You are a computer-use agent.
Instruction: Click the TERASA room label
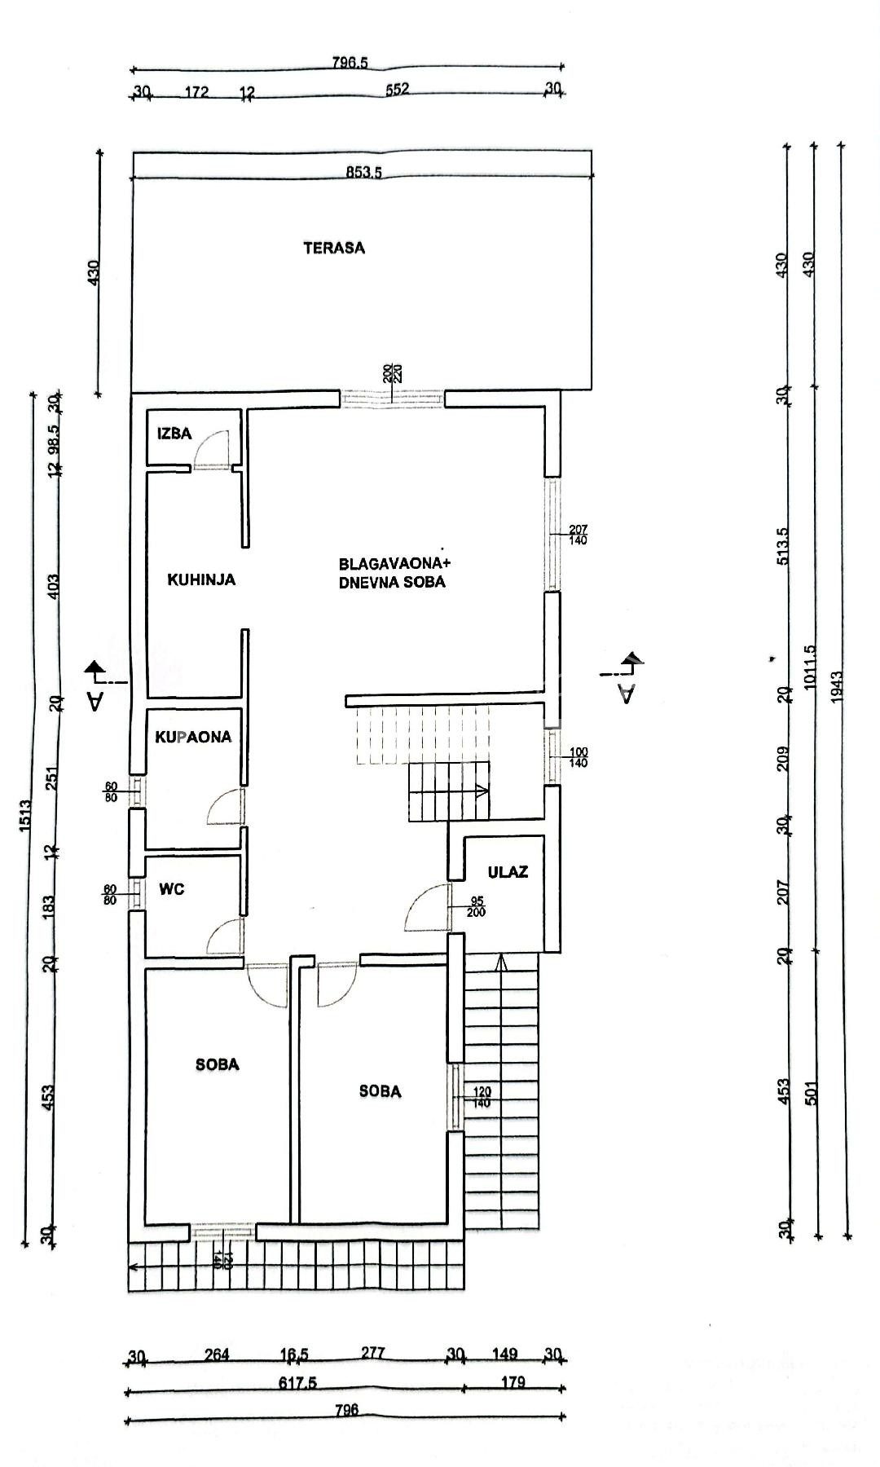coord(334,248)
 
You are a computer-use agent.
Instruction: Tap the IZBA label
coord(174,434)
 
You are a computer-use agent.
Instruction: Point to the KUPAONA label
coord(193,737)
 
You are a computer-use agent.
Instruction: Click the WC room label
coord(172,889)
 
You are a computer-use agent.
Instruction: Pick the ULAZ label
coord(508,871)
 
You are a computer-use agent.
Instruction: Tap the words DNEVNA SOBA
coord(392,583)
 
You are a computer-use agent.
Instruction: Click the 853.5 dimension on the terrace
coord(363,172)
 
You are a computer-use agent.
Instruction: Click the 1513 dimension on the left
coord(24,815)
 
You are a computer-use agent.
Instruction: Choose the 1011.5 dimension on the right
coord(809,668)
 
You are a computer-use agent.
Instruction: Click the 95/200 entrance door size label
coord(477,906)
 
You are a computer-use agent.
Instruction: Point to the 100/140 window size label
coord(579,757)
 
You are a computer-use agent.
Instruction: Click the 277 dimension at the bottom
coord(372,1354)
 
